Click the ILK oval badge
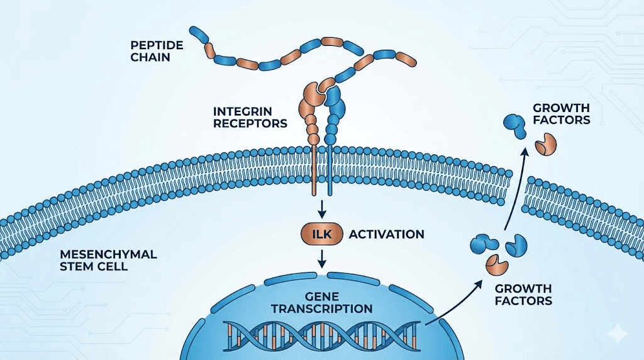click(321, 234)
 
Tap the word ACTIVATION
click(386, 234)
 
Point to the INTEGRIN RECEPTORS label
click(250, 117)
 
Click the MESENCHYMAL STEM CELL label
click(108, 261)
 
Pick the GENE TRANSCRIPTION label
click(321, 302)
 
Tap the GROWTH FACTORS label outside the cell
click(562, 114)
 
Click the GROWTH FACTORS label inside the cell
click(523, 294)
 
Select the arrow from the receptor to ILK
click(321, 208)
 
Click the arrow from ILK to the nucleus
click(321, 258)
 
